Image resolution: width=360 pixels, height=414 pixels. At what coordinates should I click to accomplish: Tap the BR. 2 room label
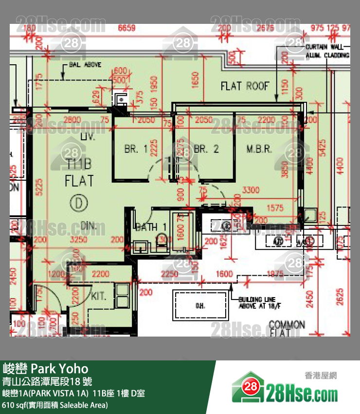[x=206, y=149]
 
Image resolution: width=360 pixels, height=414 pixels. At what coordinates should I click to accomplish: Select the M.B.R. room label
[x=259, y=149]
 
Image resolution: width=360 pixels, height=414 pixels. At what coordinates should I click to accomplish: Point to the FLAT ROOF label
[x=245, y=86]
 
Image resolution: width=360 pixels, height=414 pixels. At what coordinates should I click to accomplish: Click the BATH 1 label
[x=151, y=227]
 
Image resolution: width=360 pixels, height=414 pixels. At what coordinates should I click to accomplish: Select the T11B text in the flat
[x=79, y=163]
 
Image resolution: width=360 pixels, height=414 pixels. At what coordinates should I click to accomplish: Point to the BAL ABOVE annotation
[x=85, y=64]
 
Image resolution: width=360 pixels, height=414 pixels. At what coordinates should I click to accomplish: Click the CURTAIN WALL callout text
[x=327, y=47]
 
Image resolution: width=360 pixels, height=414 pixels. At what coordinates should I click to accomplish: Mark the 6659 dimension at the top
[x=127, y=28]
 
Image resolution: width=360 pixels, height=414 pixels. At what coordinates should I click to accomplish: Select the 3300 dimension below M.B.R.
[x=251, y=190]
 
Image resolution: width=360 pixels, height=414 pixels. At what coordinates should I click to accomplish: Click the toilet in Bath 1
[x=162, y=240]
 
